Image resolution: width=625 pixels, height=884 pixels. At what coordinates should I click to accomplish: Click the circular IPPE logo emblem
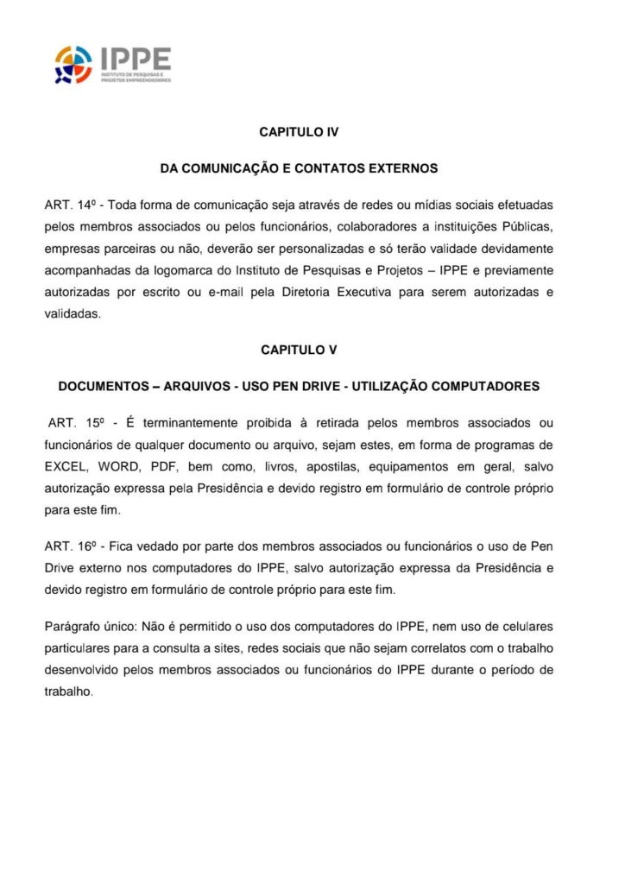click(73, 65)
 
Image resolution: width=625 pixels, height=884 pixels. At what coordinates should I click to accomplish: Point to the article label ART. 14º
click(68, 205)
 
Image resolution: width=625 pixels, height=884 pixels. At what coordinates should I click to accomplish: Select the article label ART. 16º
click(68, 547)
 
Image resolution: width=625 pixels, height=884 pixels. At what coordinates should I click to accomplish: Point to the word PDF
click(163, 467)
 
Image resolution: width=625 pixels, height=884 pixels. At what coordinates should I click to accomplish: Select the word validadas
click(73, 315)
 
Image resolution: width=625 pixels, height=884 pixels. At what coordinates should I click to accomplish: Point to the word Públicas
click(527, 228)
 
